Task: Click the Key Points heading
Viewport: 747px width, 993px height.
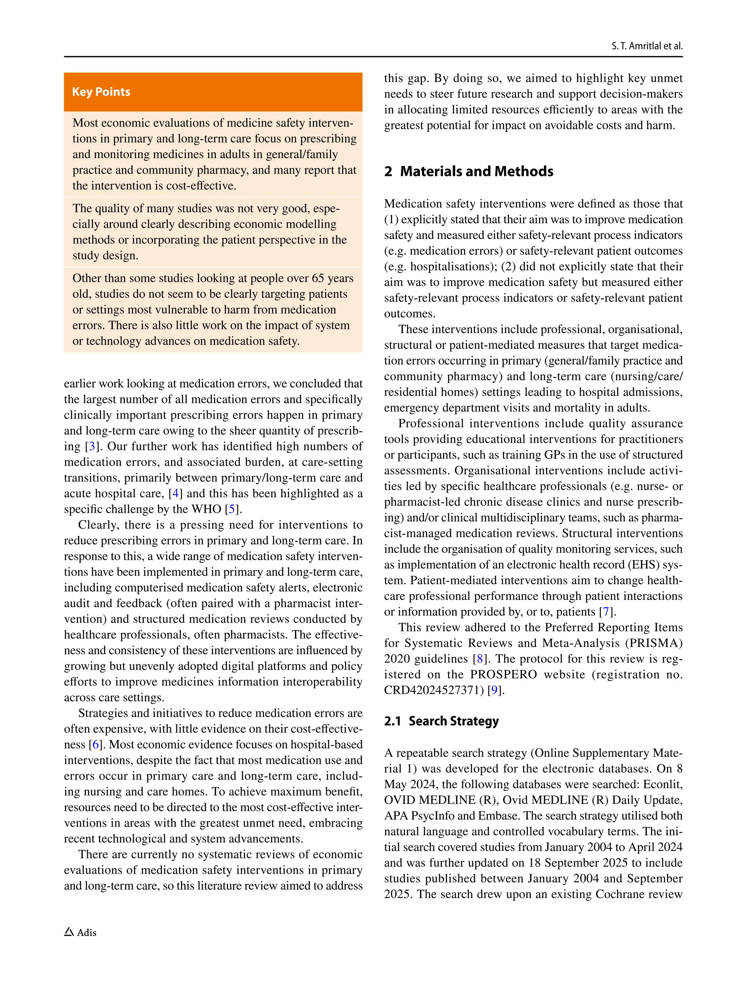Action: (x=101, y=92)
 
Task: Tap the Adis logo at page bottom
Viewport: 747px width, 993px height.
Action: (x=80, y=932)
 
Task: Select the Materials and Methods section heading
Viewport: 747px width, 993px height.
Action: (x=468, y=171)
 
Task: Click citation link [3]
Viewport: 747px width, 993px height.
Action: (x=92, y=446)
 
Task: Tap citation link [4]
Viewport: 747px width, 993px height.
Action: (x=175, y=493)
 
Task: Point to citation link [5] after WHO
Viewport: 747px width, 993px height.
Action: (x=232, y=509)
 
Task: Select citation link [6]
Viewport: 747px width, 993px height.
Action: (x=96, y=744)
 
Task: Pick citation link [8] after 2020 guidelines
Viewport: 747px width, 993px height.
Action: (x=480, y=659)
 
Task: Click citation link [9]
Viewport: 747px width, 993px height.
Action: (x=494, y=690)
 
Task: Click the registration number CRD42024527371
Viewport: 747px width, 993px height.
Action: (x=433, y=690)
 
